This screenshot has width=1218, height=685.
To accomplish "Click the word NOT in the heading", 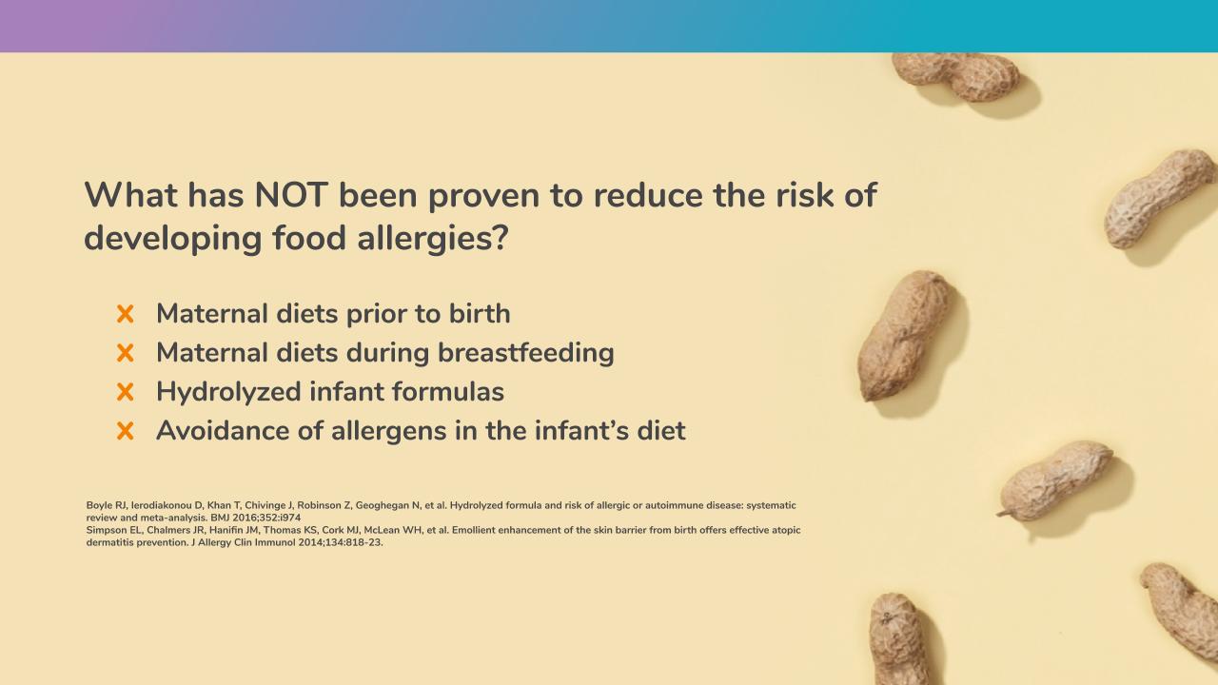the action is [x=291, y=195].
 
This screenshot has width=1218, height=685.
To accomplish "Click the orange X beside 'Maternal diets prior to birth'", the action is [x=125, y=314].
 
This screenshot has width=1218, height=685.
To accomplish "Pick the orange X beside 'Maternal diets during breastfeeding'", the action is [x=125, y=353].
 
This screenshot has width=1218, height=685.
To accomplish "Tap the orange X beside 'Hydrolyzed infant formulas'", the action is [x=125, y=392].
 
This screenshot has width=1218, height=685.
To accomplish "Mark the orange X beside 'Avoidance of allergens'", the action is [x=125, y=431].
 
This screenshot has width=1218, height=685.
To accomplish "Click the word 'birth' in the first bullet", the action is [x=479, y=313].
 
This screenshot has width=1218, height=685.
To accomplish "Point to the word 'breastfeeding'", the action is [x=526, y=352].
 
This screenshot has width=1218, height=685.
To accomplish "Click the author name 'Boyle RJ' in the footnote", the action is [x=106, y=505].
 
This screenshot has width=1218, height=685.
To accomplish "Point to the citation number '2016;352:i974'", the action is [x=266, y=518].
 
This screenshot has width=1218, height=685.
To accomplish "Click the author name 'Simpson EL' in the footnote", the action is [x=113, y=530].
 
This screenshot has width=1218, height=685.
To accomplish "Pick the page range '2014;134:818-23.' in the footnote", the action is [x=341, y=542].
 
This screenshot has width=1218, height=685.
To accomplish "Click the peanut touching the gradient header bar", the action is [x=957, y=76].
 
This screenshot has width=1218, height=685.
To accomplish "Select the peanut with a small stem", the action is [x=1055, y=481].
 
